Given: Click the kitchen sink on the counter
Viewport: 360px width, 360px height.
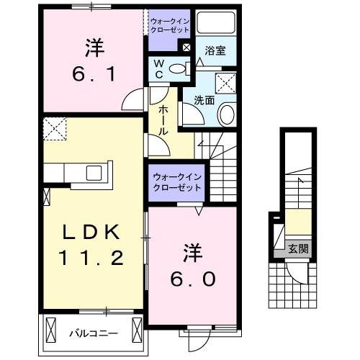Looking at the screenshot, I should tap(95, 173).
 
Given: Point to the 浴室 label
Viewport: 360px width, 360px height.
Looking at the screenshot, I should tap(215, 52).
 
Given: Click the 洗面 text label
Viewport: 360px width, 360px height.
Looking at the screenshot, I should tap(204, 101).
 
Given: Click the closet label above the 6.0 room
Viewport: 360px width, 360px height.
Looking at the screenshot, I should tap(177, 183).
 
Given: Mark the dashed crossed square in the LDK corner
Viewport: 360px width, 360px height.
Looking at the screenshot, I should tap(53, 129).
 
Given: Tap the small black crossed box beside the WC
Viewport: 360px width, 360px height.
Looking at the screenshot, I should tap(186, 48).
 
